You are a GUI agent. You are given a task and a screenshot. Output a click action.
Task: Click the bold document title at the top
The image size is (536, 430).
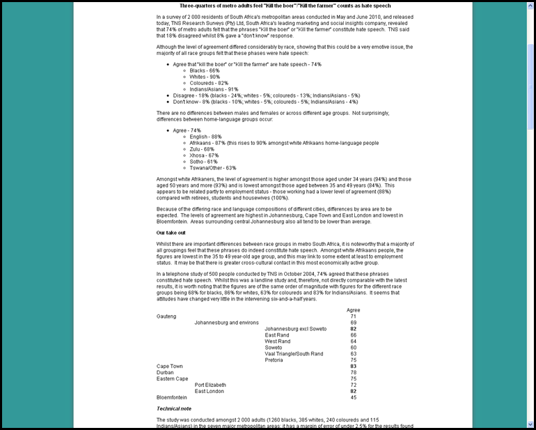285,6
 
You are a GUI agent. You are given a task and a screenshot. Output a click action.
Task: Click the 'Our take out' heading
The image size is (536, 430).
171,232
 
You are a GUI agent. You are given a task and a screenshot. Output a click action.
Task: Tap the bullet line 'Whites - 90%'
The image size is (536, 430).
205,77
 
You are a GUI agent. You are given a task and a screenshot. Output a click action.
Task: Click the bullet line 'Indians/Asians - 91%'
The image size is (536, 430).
214,89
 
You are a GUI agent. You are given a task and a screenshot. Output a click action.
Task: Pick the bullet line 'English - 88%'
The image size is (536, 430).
205,137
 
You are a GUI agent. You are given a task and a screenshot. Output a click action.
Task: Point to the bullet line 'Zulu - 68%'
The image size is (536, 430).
203,148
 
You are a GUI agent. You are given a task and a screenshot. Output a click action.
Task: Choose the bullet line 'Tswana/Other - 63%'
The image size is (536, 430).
213,167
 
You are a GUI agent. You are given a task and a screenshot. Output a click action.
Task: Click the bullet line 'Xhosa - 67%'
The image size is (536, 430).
204,155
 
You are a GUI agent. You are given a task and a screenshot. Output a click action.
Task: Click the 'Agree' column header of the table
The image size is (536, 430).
353,309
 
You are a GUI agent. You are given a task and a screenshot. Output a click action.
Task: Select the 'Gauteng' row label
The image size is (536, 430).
166,316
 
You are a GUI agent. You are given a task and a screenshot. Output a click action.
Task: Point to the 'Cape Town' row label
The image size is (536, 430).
170,366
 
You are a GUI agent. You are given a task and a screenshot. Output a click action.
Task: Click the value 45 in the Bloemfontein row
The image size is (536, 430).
354,397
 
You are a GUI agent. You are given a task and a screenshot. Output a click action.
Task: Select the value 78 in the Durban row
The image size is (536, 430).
354,372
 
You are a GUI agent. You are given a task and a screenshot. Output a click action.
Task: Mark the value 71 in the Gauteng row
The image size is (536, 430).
354,316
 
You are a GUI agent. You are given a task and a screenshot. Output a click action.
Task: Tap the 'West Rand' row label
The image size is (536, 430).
278,341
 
